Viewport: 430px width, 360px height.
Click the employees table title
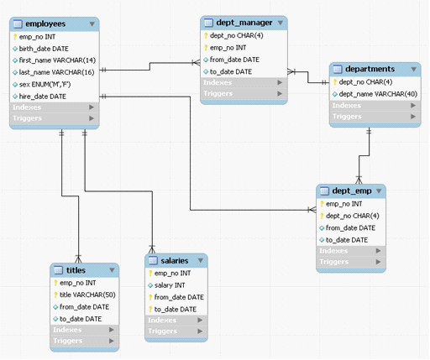[45, 24]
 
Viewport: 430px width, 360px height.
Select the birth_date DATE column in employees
[44, 49]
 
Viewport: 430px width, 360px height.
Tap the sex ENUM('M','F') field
[45, 85]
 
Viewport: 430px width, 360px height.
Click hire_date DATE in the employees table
[43, 97]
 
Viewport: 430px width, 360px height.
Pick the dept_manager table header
[244, 23]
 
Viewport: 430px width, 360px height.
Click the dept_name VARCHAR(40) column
[378, 94]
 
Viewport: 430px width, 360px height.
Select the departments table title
[370, 69]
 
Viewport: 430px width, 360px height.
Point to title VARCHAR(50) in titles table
[87, 295]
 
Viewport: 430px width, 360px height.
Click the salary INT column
[170, 285]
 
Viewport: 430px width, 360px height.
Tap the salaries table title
[175, 261]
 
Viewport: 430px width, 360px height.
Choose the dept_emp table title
[352, 190]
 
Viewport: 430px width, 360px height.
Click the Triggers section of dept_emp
[351, 262]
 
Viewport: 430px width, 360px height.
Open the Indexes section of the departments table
[375, 106]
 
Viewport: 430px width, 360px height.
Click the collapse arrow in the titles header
[112, 270]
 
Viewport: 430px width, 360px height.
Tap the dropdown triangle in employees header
[92, 24]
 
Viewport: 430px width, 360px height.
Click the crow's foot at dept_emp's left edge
[312, 210]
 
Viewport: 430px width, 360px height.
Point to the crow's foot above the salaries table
[152, 249]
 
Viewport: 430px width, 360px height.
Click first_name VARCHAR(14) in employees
[57, 60]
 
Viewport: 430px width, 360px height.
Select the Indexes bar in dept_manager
[244, 82]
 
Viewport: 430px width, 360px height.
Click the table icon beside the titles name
[58, 270]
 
